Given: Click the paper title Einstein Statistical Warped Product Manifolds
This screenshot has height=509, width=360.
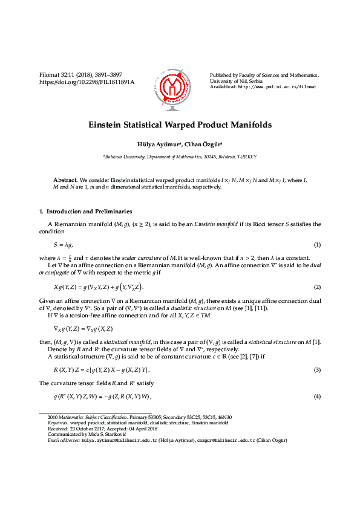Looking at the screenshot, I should pos(180,125).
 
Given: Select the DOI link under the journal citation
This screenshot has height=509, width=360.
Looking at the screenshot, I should pos(87,82).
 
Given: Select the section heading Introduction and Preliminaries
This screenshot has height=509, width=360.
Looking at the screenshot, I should pos(89,212).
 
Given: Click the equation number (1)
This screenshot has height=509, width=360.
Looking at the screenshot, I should pos(317,244).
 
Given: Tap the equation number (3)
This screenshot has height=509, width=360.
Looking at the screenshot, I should pos(317,369).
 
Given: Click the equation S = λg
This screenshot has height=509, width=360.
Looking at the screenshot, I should pos(64,244).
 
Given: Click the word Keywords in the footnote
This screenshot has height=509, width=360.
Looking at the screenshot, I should pos(57,423).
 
